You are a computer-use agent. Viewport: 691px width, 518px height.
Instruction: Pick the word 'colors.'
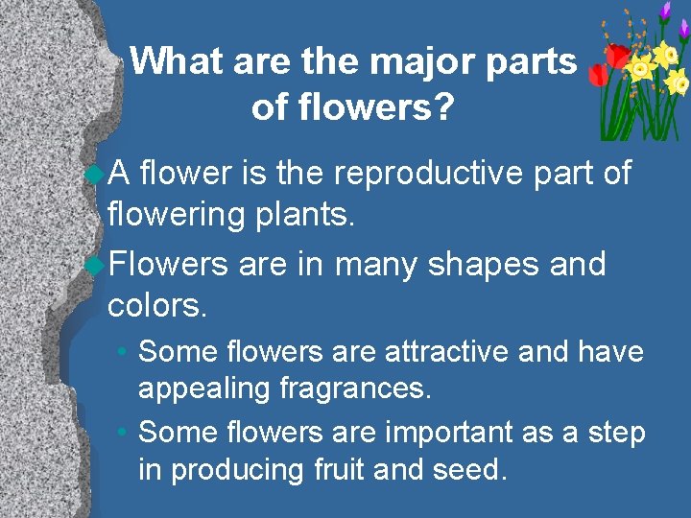coord(157,306)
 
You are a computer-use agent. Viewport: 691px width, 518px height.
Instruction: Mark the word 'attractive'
coord(448,352)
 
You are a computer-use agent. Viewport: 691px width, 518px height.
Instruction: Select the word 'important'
coord(448,433)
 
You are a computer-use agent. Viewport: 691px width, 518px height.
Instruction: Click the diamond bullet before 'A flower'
coord(94,175)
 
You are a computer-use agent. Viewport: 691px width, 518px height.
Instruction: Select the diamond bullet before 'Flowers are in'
coord(94,264)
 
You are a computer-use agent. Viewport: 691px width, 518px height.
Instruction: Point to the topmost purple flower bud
coord(664,10)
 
